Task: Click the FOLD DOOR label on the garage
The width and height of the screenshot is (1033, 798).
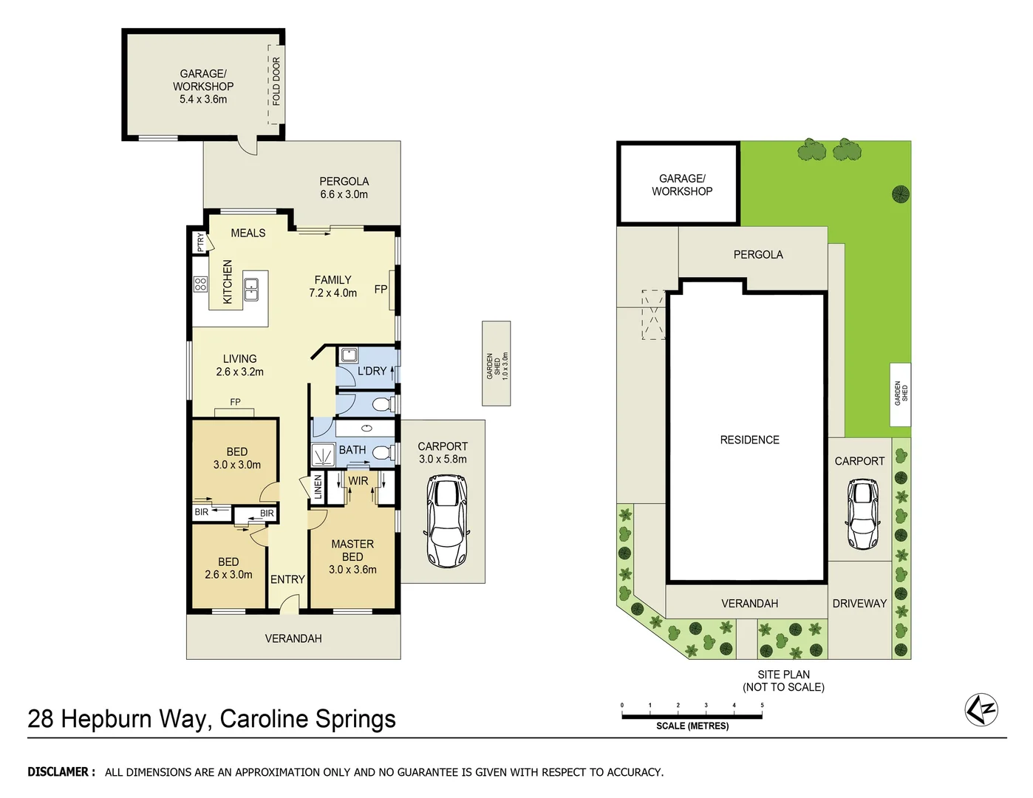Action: coord(276,81)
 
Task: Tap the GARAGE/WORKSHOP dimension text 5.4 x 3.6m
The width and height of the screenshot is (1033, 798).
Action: coord(203,99)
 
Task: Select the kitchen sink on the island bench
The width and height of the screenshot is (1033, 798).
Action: coord(251,289)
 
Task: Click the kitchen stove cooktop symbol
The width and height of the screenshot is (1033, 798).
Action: coord(200,284)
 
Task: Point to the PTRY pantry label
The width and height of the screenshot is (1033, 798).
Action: coord(200,242)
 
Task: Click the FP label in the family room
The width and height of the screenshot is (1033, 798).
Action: coord(381,289)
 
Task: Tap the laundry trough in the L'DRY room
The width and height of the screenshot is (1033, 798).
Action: coord(348,355)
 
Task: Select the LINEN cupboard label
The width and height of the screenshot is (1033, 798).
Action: coord(318,488)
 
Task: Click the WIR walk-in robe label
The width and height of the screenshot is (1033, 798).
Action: coord(358,480)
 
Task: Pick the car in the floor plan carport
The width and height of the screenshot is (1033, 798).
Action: coord(446,521)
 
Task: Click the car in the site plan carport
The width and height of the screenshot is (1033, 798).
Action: coord(862,514)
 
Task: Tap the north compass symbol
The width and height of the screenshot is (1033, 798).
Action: coord(981,710)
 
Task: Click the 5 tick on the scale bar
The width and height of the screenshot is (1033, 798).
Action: coord(762,706)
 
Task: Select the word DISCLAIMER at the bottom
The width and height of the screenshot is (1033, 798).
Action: coord(61,772)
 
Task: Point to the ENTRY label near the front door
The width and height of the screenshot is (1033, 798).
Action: coord(287,579)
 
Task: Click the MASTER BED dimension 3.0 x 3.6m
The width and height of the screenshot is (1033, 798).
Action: coord(352,570)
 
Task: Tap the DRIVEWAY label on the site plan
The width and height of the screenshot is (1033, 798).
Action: coord(859,604)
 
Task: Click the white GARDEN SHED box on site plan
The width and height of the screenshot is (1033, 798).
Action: coord(900,394)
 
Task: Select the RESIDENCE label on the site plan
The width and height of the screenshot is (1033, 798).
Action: coord(749,440)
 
